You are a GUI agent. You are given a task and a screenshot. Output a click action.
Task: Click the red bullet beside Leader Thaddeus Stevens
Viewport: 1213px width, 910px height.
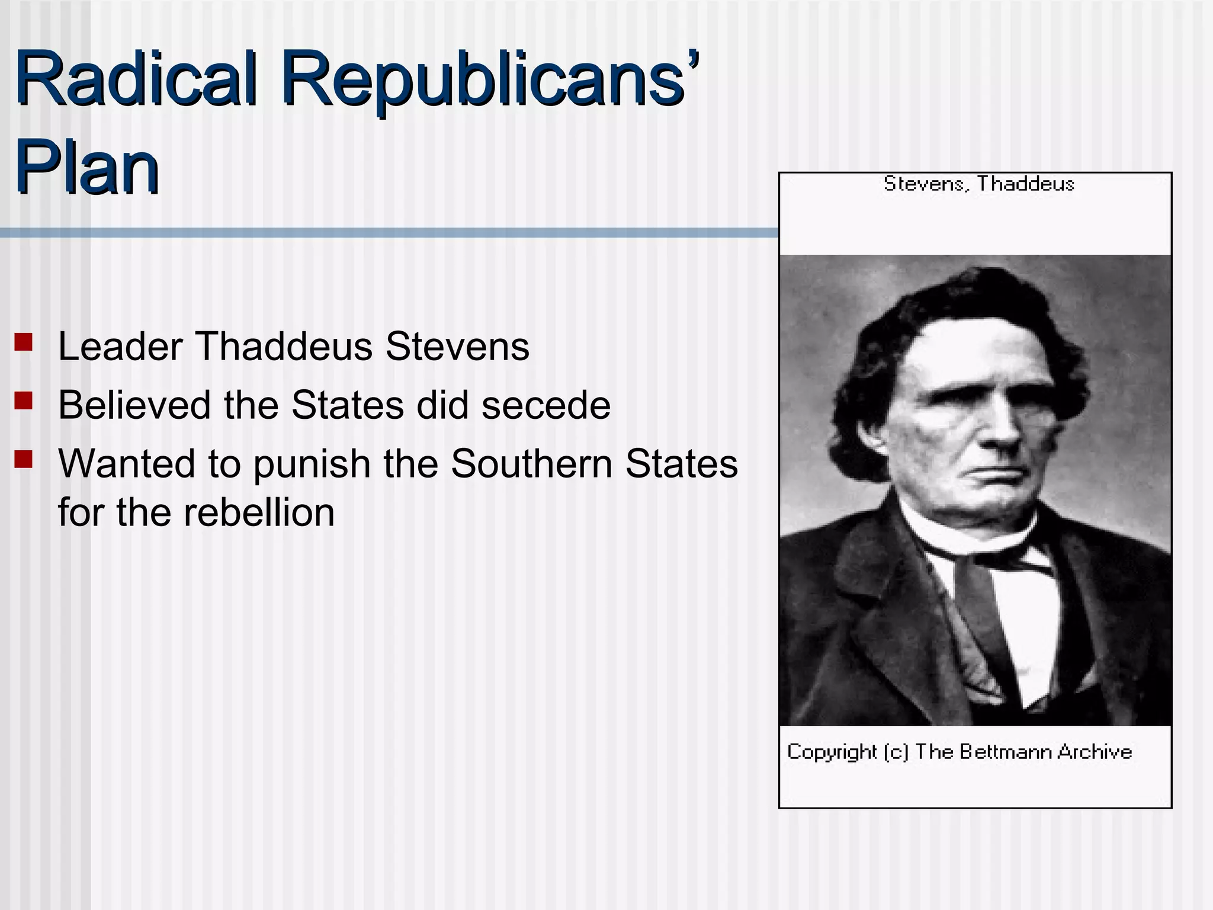(24, 342)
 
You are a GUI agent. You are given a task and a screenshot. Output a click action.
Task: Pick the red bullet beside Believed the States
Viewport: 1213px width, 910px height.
(24, 401)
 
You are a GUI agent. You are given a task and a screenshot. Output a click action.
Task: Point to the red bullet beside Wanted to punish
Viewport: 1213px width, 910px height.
(24, 459)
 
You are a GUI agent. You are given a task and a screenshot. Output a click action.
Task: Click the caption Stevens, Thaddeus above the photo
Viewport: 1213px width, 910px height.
(978, 184)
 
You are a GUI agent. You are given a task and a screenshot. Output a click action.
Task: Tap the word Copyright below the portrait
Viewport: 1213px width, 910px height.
(831, 752)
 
